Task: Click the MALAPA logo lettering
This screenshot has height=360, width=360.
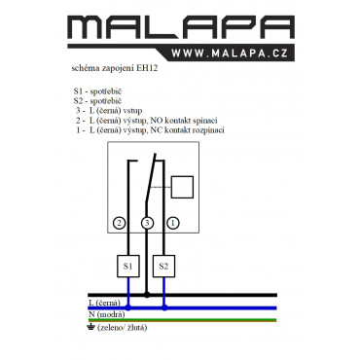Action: [x=181, y=28]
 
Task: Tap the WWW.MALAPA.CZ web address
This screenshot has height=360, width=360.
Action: [x=230, y=54]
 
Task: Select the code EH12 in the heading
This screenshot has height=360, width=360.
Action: [x=147, y=68]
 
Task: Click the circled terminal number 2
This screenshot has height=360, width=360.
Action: [x=119, y=223]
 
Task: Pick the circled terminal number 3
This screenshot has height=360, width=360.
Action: [x=147, y=223]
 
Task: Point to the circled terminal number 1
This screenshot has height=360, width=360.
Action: [x=173, y=223]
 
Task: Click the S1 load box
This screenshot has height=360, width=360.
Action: [x=128, y=267]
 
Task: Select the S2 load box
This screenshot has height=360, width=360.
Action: [x=163, y=267]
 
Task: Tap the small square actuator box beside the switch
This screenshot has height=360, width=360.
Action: [x=182, y=187]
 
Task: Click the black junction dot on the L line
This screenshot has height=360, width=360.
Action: [x=147, y=295]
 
